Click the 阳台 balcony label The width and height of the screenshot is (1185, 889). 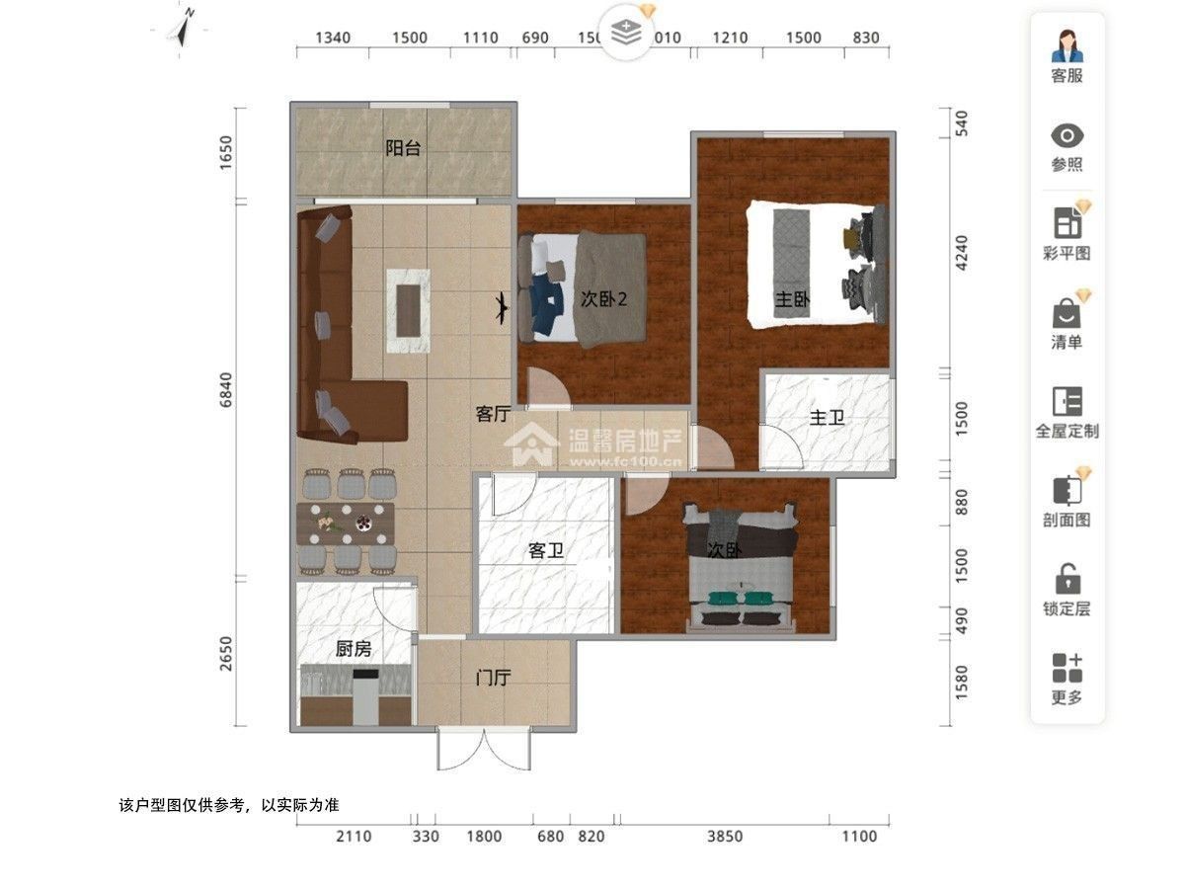[403, 149]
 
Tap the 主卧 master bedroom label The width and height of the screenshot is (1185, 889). [792, 300]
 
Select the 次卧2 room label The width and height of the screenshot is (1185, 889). [603, 299]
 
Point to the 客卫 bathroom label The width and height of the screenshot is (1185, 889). [545, 551]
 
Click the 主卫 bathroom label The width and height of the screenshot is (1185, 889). [827, 419]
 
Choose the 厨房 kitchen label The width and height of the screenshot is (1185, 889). [354, 649]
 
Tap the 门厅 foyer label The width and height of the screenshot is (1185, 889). [493, 679]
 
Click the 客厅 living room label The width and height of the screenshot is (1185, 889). [492, 415]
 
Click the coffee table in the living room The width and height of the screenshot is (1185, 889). [409, 310]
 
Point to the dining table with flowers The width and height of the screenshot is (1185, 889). [346, 525]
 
